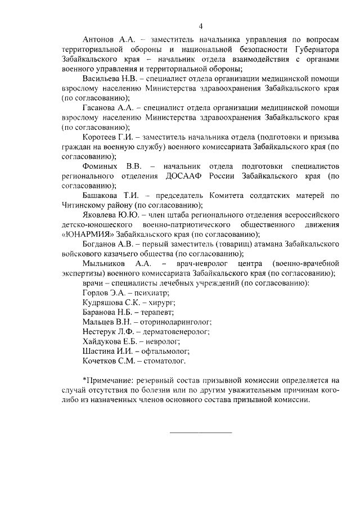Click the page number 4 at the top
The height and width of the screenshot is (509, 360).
tap(200, 25)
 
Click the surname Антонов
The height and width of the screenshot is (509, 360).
tap(99, 40)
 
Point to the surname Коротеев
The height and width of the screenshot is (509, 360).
tap(101, 138)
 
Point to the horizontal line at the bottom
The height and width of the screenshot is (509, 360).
tap(201, 432)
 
